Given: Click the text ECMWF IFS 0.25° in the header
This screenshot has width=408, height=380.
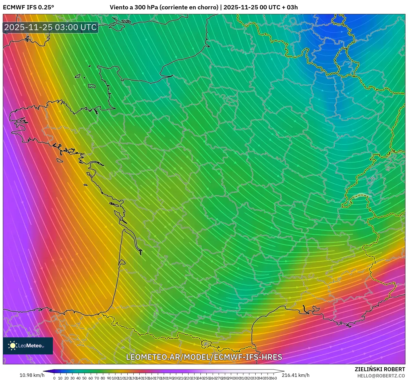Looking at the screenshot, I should (28, 7).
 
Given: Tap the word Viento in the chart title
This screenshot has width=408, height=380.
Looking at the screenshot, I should (119, 7).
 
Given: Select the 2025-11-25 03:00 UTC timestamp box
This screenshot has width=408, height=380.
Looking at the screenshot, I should (51, 27).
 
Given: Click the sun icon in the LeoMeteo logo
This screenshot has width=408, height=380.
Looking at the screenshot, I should (13, 346).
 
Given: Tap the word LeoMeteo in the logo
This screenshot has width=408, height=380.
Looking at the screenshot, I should (30, 346).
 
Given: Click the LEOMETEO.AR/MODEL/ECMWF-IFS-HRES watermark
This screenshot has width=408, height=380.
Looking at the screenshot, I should (204, 357).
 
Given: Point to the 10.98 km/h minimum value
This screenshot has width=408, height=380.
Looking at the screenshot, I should (32, 375).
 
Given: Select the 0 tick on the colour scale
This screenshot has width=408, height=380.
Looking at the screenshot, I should (54, 378).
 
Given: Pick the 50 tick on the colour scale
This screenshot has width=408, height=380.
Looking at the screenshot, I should (84, 378).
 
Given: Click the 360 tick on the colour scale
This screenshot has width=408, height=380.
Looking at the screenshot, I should (274, 378).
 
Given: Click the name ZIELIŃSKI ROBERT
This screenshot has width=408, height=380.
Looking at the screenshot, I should (380, 369).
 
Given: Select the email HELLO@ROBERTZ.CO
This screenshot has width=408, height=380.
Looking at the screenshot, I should (381, 376).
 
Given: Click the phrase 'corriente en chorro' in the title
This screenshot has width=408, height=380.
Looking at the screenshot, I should (189, 7).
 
